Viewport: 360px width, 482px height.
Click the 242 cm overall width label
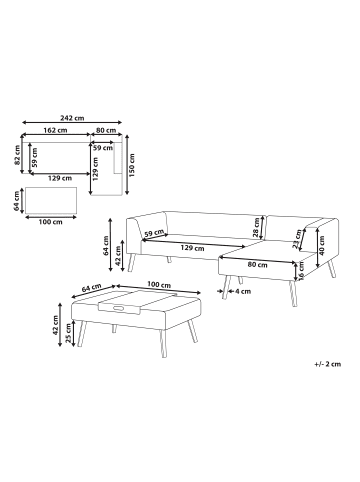click(72, 118)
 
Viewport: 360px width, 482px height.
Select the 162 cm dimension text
click(55, 130)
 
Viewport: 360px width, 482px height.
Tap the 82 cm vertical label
click(17, 156)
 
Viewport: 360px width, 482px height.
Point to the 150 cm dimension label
click(132, 165)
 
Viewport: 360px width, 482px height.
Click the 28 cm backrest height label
click(256, 227)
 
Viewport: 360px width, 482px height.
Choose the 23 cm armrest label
click(296, 239)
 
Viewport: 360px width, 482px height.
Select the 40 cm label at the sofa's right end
click(321, 245)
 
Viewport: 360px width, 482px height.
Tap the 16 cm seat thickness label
click(301, 270)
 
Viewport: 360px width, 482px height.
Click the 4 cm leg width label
click(243, 291)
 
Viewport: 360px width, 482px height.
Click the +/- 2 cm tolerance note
click(328, 364)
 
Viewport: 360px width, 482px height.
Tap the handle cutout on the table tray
click(118, 308)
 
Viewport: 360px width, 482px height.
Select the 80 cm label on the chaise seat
click(258, 265)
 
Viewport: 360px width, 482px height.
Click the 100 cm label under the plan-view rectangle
click(50, 222)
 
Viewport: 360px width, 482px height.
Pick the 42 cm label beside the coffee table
click(55, 325)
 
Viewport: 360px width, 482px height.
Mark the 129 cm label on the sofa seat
click(192, 248)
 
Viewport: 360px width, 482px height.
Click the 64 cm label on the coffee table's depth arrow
click(91, 288)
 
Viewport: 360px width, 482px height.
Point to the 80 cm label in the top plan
click(106, 130)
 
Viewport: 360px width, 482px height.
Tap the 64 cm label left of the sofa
click(106, 246)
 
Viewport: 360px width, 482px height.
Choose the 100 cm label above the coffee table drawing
click(159, 285)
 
